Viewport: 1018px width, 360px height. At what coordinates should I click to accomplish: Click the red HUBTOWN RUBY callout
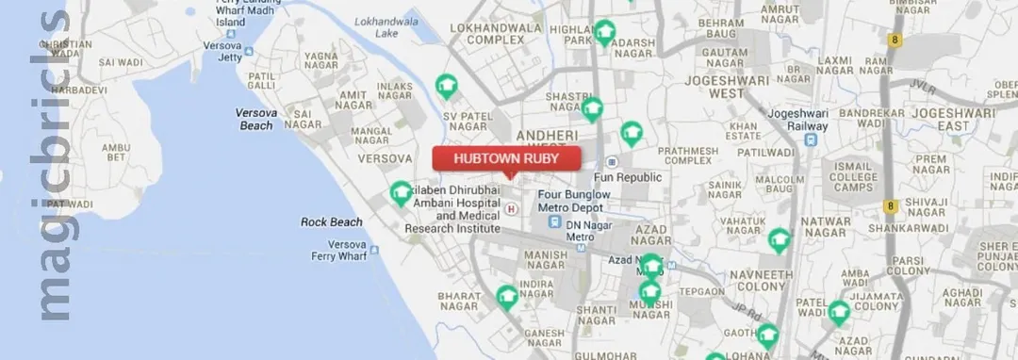pyautogui.click(x=506, y=159)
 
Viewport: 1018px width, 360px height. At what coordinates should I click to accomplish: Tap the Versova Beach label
pyautogui.click(x=255, y=119)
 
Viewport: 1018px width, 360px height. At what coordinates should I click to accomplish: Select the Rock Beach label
pyautogui.click(x=332, y=222)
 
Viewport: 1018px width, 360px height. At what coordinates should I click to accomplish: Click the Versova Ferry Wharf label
pyautogui.click(x=339, y=250)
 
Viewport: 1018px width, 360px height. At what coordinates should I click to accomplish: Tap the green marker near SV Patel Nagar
pyautogui.click(x=447, y=87)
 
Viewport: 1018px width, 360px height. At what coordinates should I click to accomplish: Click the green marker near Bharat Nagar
pyautogui.click(x=508, y=297)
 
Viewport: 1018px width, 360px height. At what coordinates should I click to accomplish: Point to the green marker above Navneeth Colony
pyautogui.click(x=779, y=240)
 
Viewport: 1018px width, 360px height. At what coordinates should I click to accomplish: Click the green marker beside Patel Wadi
pyautogui.click(x=839, y=312)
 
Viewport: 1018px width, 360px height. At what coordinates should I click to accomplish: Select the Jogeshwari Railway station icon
pyautogui.click(x=811, y=139)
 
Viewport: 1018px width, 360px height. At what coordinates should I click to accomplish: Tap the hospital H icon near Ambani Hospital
pyautogui.click(x=511, y=208)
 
